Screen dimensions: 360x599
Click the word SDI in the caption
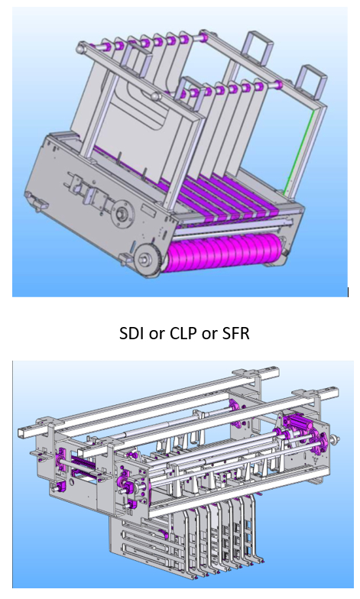pyautogui.click(x=132, y=333)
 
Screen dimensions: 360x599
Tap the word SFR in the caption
pyautogui.click(x=235, y=333)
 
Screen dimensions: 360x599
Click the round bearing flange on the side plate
pyautogui.click(x=124, y=212)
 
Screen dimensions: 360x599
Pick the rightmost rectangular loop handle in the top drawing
pyautogui.click(x=313, y=79)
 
